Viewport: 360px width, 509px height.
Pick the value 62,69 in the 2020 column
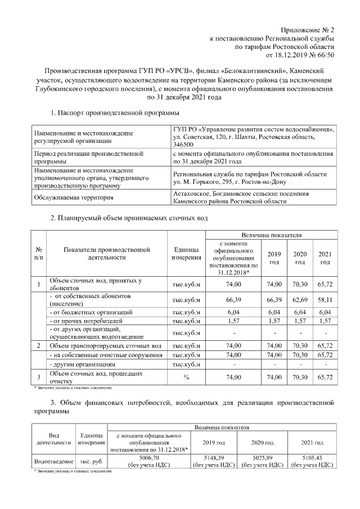[300, 300]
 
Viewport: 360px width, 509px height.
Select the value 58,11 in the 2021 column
[324, 300]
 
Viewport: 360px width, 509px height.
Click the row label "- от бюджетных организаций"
[91, 312]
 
